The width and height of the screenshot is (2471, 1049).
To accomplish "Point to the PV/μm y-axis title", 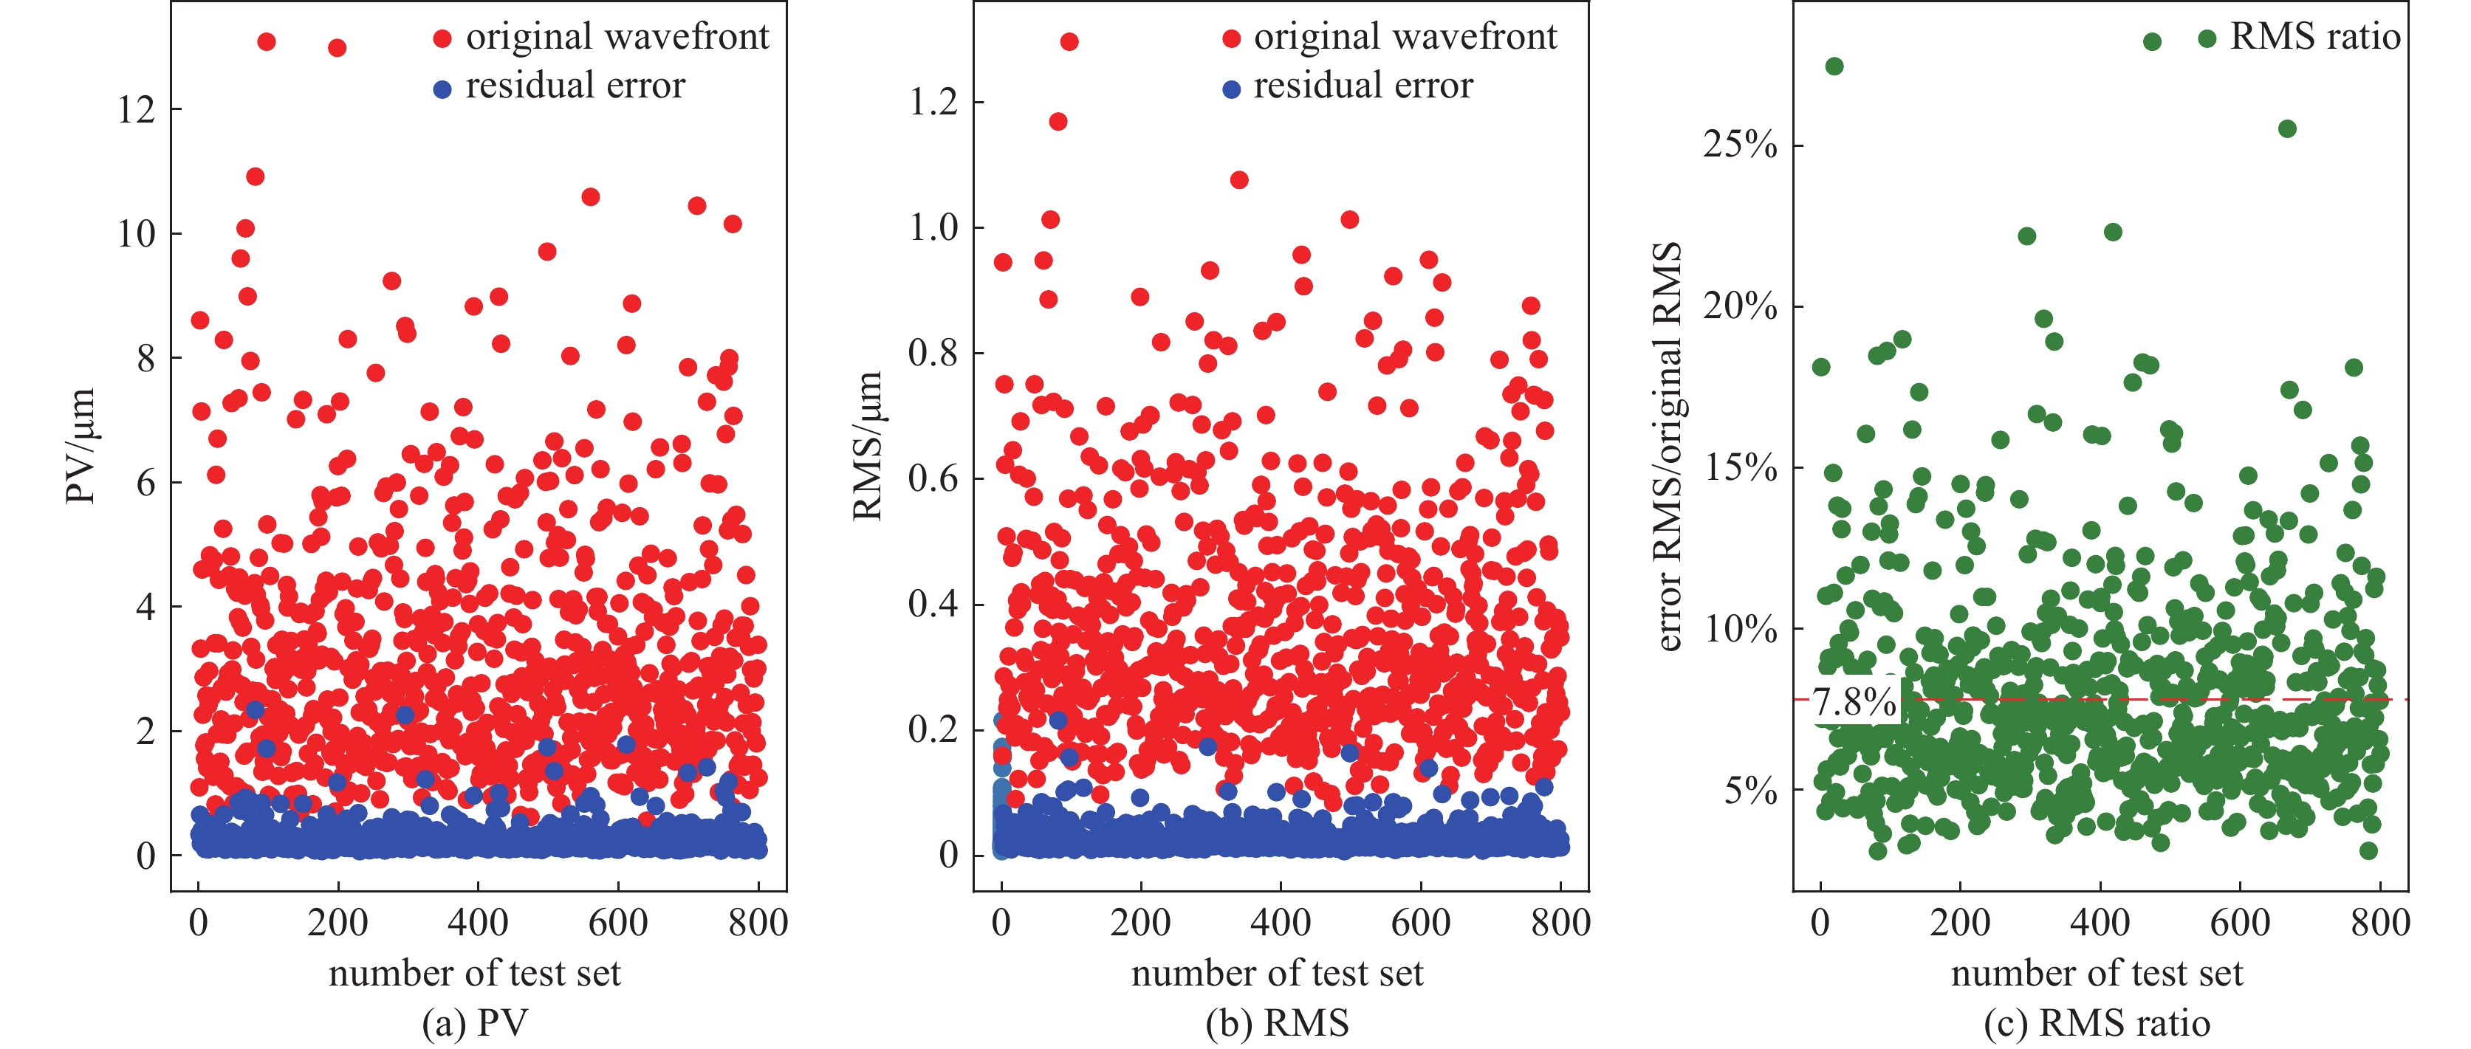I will pos(80,446).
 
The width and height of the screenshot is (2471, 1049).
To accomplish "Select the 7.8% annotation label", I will pos(1854,703).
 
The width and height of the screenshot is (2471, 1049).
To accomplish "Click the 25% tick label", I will pos(1740,145).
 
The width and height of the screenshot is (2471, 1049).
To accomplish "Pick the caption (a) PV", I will pos(475,1023).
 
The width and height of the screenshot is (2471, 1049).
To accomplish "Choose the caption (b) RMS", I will pos(1277,1023).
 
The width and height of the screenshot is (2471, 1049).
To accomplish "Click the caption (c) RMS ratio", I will pos(2097,1023).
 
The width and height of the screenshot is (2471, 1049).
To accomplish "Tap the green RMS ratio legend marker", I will pos(2207,38).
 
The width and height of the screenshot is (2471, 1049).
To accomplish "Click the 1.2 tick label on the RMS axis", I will pos(933,102).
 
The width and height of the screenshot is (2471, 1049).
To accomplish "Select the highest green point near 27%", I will pos(1834,66).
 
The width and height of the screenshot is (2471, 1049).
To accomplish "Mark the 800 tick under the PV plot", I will pos(758,923).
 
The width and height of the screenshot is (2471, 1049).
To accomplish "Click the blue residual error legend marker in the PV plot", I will pos(442,89).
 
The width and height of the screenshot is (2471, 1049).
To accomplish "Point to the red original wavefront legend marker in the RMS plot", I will pos(1232,38).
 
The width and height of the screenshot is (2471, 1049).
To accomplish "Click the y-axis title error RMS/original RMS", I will pos(1669,446).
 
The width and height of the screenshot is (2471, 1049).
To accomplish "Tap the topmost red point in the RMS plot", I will pos(1069,41).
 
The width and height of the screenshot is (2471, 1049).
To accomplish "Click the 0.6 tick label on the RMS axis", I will pos(933,478).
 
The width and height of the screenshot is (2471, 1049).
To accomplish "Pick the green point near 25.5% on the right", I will pos(2288,128).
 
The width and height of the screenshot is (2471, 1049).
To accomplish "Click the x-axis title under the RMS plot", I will pos(1277,973).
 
